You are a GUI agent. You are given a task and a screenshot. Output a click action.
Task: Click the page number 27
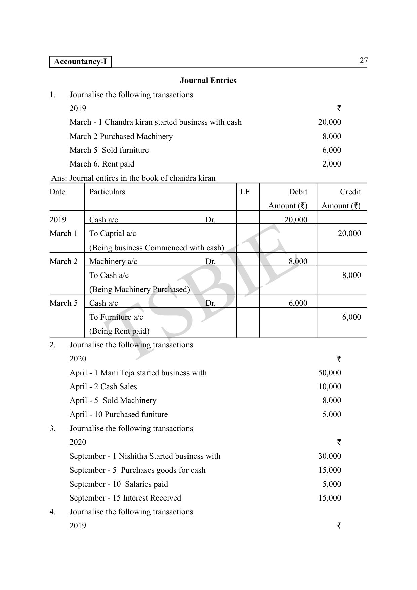pos(364,61)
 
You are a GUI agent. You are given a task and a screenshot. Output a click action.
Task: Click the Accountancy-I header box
pos(80,62)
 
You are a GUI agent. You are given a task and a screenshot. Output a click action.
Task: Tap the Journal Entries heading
pos(208,80)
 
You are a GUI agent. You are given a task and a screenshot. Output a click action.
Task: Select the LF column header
pos(245,192)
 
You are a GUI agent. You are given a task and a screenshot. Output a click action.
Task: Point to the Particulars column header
pos(107,192)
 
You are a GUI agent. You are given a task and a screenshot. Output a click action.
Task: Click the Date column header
pos(57,192)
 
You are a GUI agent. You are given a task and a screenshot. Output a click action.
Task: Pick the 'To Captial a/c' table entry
pos(113,233)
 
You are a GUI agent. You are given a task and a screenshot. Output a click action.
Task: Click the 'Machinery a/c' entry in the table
pos(113,261)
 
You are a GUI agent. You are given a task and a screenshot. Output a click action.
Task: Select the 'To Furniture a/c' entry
pos(116,317)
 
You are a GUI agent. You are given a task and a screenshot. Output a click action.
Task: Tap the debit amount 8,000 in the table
pos(298,261)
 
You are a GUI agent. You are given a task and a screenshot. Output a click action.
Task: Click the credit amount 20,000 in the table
pos(349,233)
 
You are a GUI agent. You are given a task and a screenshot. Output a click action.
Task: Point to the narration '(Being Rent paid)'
pos(119,331)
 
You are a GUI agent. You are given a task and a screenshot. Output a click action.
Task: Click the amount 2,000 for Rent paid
pos(331,164)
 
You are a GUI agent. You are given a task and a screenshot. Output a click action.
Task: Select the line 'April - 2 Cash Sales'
pos(103,386)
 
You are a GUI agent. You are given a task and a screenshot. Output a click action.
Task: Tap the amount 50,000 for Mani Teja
pos(329,373)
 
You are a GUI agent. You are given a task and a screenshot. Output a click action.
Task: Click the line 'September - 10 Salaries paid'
pos(119,484)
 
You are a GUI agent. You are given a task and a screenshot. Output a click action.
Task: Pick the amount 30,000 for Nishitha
pos(329,456)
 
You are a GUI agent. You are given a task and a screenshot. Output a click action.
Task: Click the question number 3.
pos(52,428)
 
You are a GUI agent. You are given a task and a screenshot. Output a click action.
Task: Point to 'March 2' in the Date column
pos(63,261)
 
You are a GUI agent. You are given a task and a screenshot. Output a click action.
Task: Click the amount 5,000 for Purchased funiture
pos(331,414)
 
